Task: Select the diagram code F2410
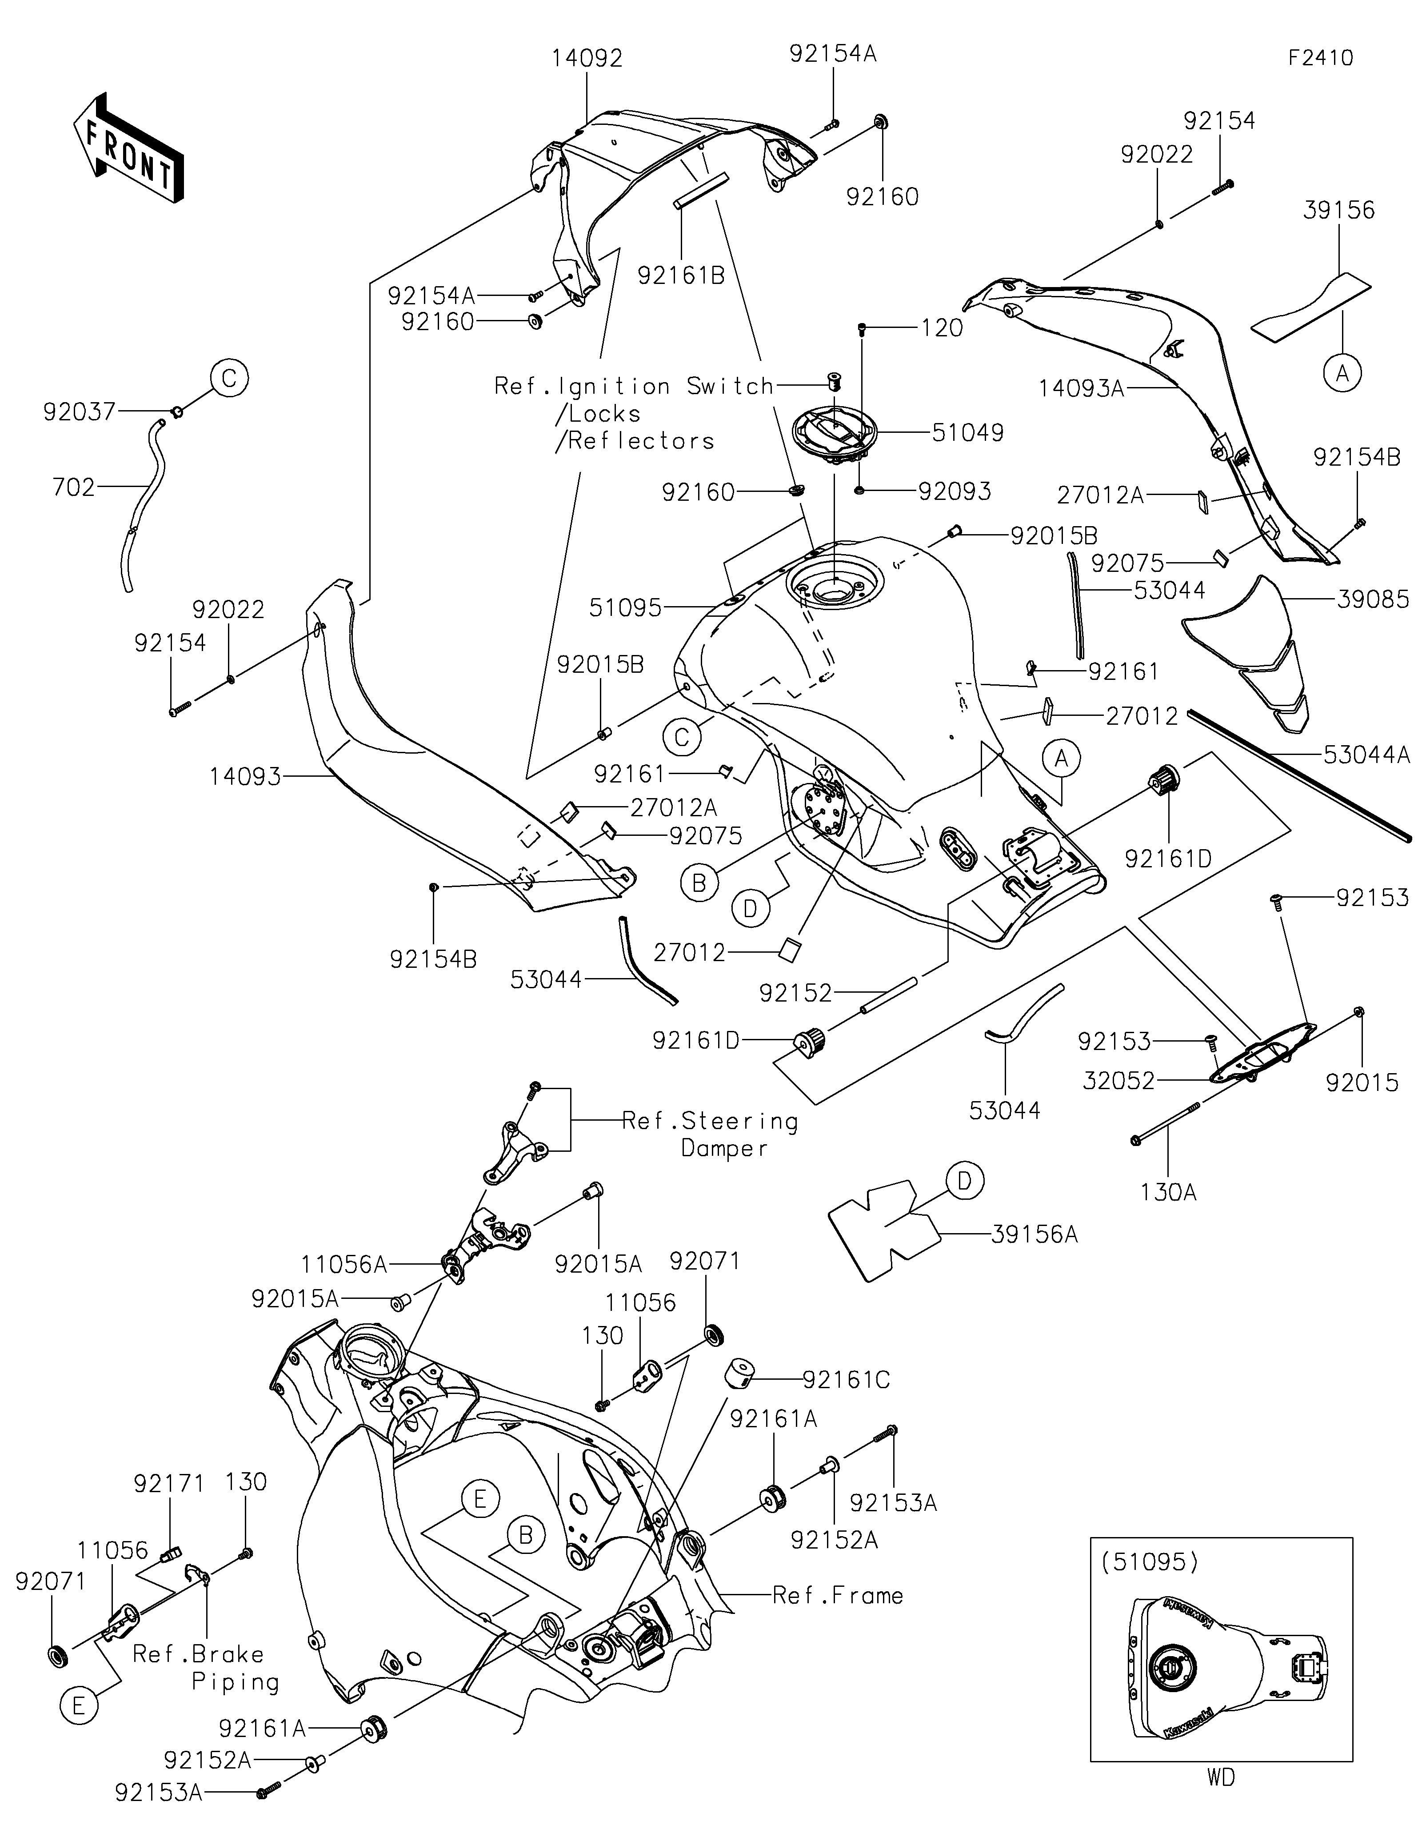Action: [x=1320, y=58]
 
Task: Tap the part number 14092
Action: [x=587, y=58]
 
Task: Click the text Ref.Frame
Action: [x=838, y=1596]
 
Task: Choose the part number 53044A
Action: [x=1366, y=755]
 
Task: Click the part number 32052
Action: [x=1118, y=1081]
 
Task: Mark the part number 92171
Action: [x=169, y=1484]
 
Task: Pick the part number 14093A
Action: [x=1081, y=388]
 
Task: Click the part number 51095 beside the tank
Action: [x=626, y=607]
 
